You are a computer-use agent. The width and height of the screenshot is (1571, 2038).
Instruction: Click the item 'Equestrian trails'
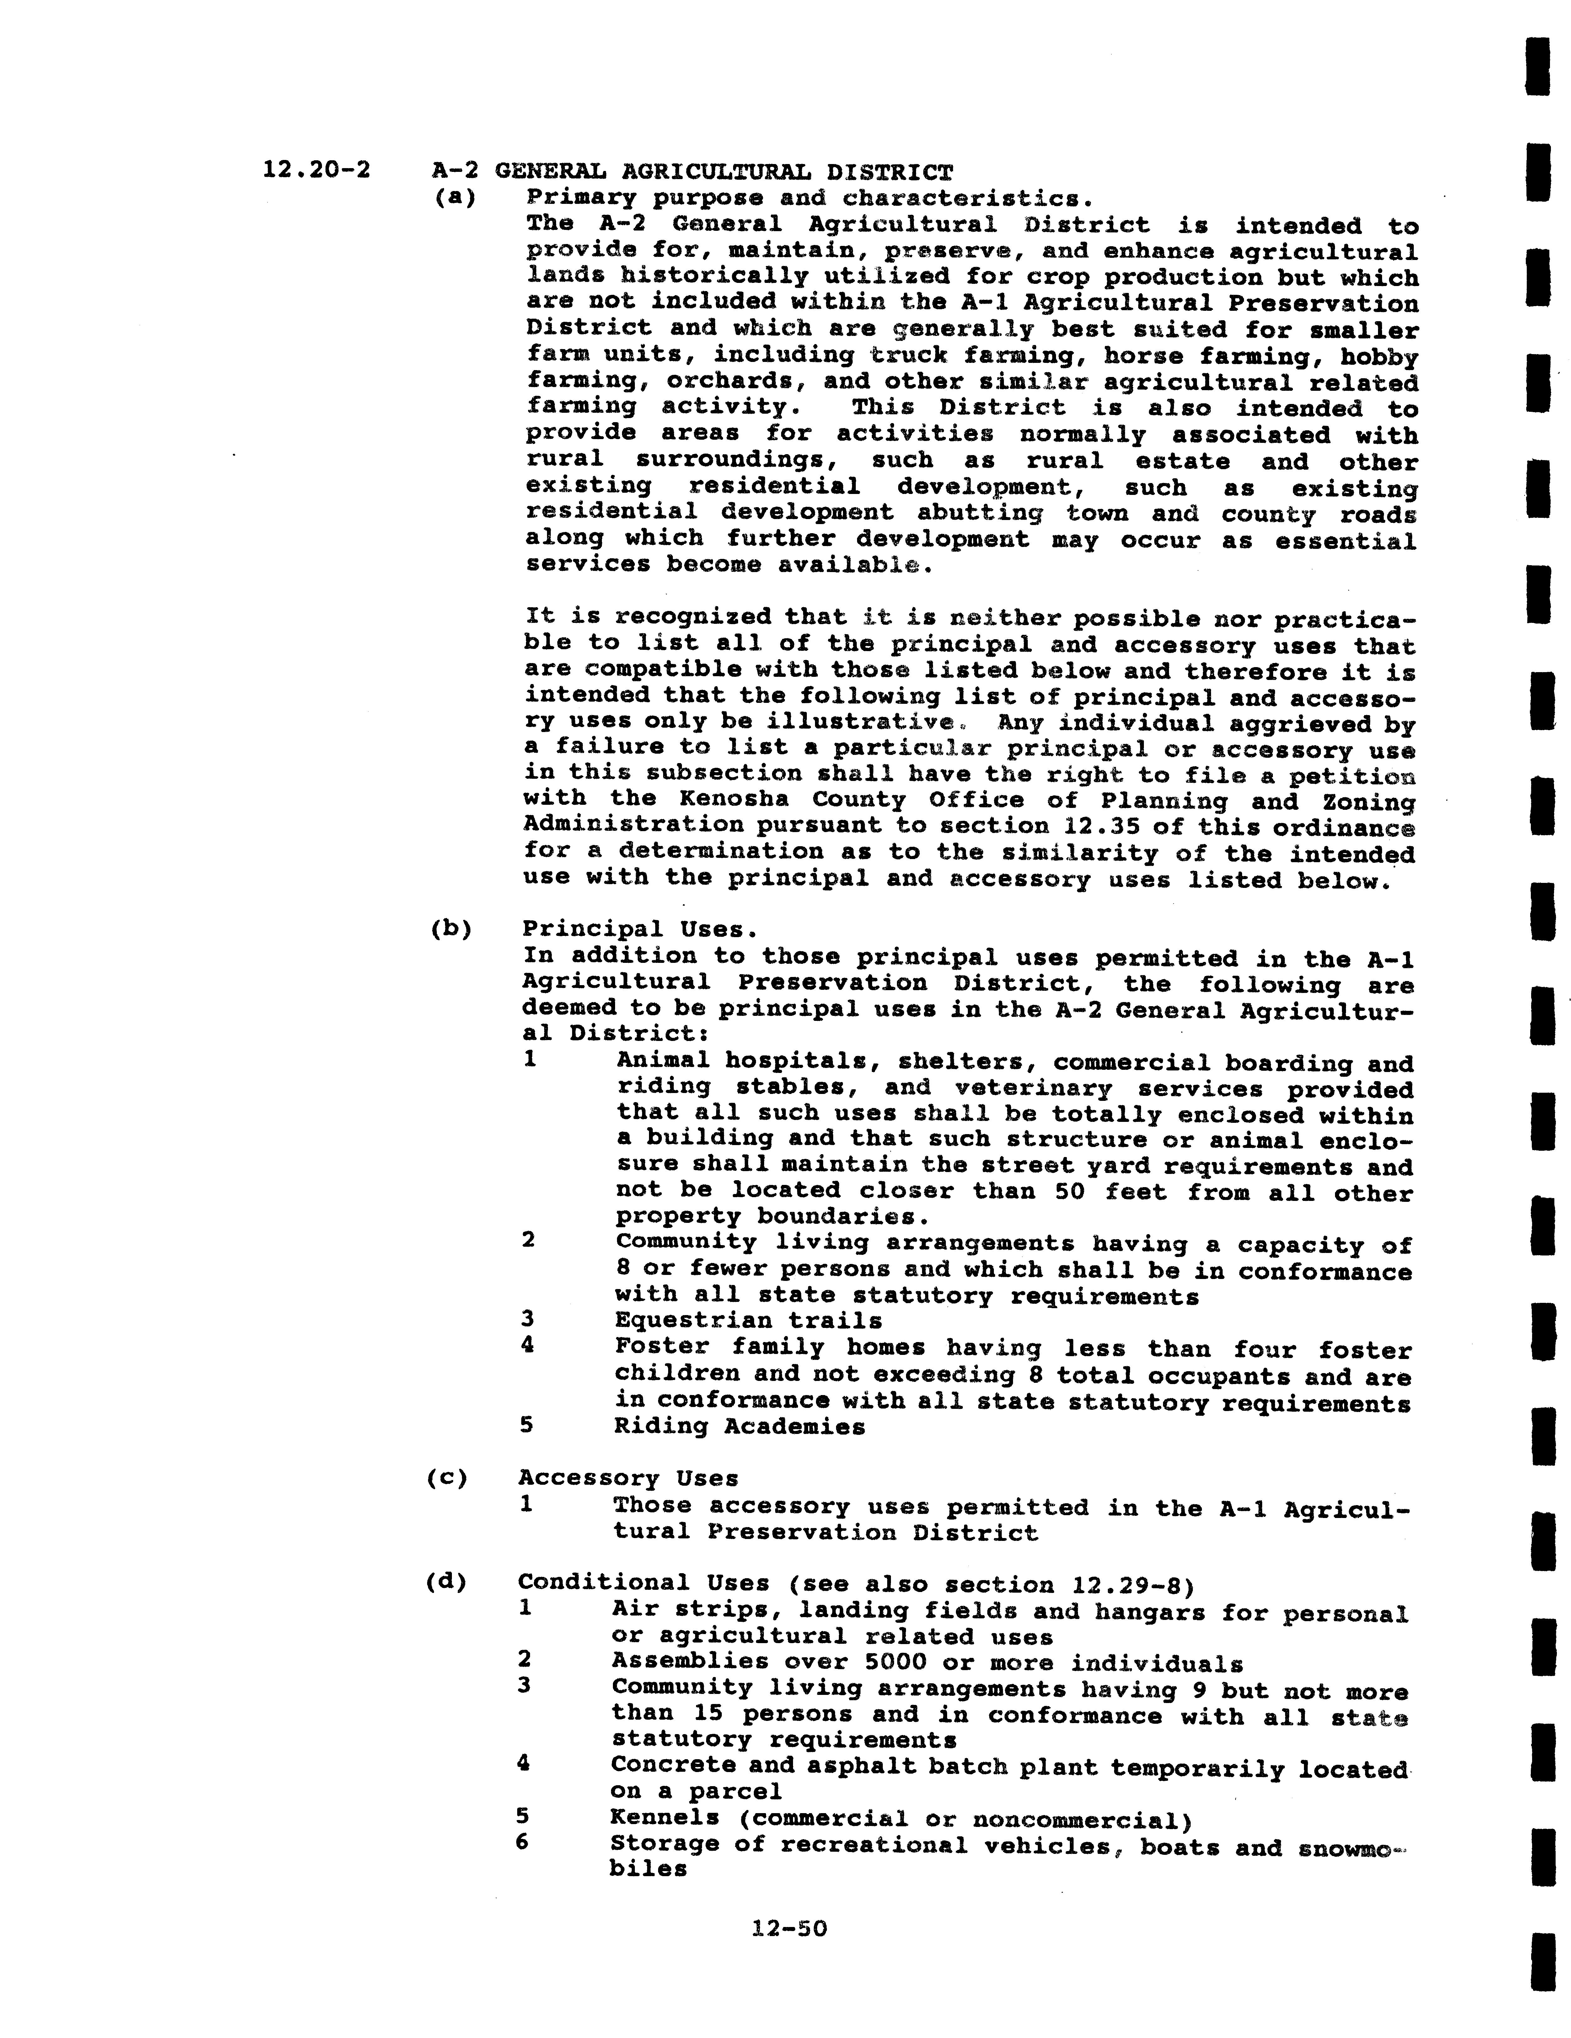tap(748, 1320)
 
